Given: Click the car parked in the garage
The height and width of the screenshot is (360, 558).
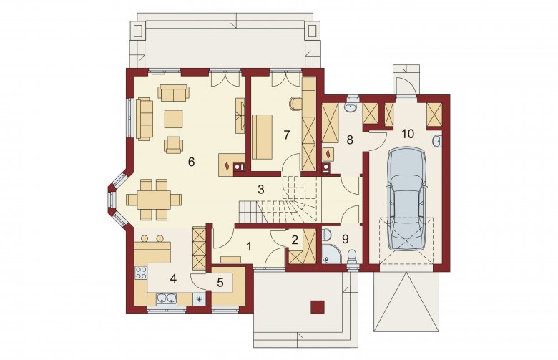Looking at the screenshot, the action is tap(406, 200).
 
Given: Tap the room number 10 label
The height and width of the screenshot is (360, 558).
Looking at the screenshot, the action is tap(408, 134).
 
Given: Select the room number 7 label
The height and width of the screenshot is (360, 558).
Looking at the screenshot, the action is tap(287, 135).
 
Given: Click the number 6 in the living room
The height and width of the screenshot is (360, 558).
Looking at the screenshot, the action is tap(191, 162).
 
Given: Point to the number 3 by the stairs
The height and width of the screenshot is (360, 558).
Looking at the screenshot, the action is tap(261, 190).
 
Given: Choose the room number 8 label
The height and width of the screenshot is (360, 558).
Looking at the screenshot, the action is tap(349, 140).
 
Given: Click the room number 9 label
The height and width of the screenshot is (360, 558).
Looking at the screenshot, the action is tap(345, 239).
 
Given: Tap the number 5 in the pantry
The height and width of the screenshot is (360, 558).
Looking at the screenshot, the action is tap(220, 283).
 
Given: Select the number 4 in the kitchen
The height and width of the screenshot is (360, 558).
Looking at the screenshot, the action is tap(173, 278).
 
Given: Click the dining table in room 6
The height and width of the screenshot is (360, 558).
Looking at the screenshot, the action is tap(154, 200).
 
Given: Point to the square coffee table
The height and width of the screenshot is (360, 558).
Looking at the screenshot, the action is tap(174, 119).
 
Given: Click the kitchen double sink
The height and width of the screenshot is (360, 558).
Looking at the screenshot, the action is tap(167, 298).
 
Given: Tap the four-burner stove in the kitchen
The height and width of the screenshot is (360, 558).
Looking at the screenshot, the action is tap(141, 273).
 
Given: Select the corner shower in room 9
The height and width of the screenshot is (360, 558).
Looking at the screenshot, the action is tap(331, 256).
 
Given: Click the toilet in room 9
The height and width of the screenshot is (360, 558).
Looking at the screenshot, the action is tap(352, 257).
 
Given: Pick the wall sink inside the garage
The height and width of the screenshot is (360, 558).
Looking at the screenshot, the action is tap(437, 141).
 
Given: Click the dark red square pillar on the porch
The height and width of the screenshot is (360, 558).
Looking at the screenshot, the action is tap(318, 307).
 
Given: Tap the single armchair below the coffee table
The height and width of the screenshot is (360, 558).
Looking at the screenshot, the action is tap(173, 145).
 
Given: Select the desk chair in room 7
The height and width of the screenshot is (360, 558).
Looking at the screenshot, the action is tap(295, 103).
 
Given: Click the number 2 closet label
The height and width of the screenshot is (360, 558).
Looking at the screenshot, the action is tap(294, 240).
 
